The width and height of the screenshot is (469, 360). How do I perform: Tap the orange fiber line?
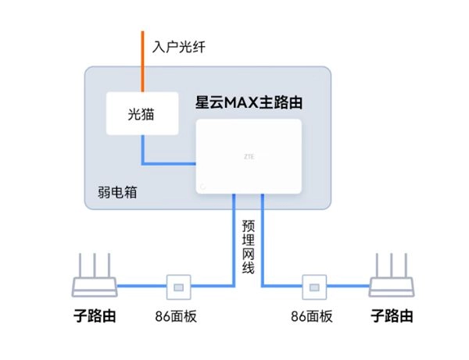click(x=142, y=62)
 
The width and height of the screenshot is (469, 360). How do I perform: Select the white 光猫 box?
click(x=141, y=114)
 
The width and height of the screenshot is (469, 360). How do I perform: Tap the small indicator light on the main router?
click(x=202, y=187)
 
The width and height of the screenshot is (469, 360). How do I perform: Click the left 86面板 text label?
click(x=179, y=317)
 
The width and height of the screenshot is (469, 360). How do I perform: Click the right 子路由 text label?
click(x=392, y=316)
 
